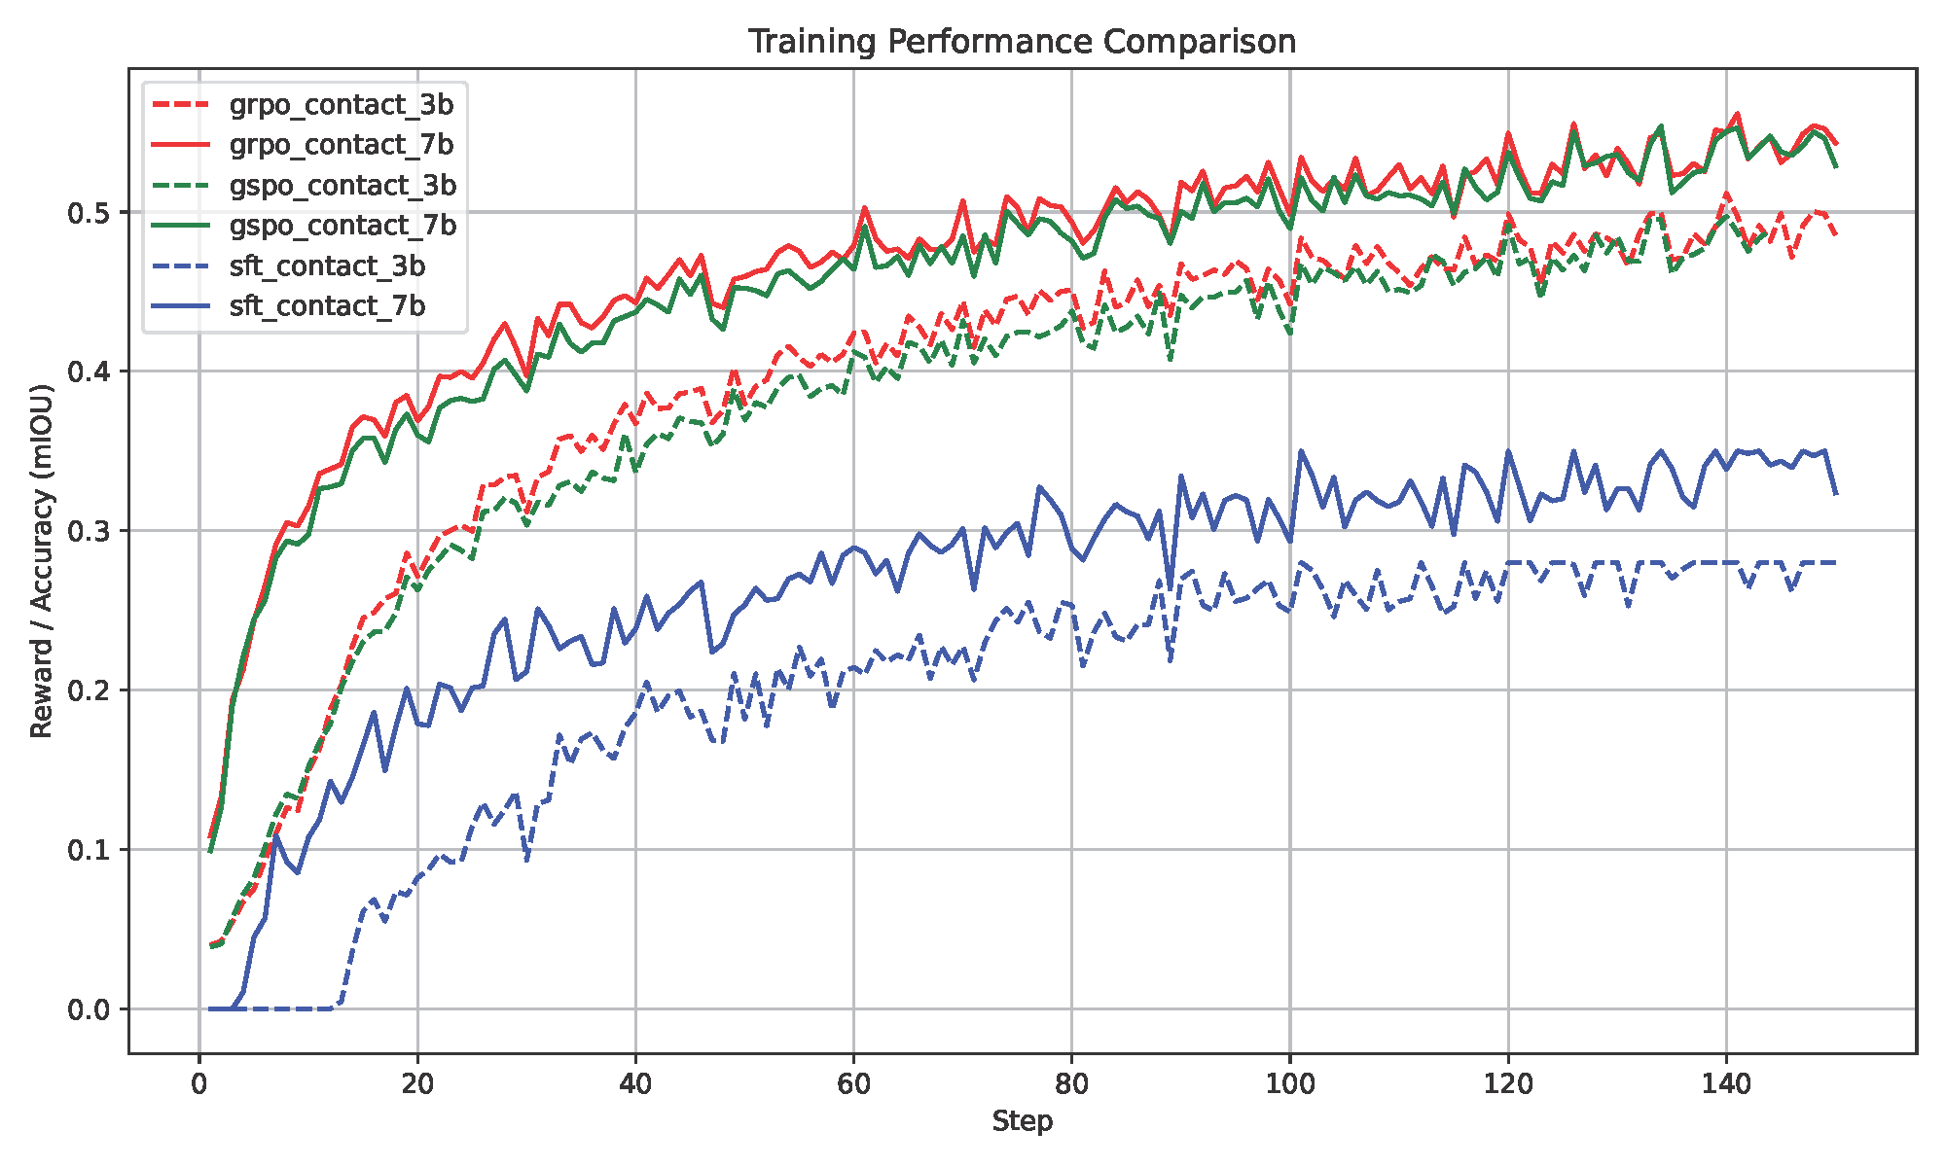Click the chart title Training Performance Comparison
1022,42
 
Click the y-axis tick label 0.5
90,213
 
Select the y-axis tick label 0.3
90,532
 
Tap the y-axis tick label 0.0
90,1010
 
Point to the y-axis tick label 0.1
90,851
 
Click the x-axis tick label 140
1726,1083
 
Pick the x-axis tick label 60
853,1083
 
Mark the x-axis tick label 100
1289,1083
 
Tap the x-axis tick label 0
199,1083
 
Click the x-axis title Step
1022,1122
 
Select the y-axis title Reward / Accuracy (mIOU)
41,561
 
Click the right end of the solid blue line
1836,495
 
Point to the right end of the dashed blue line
1836,563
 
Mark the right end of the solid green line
1836,167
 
